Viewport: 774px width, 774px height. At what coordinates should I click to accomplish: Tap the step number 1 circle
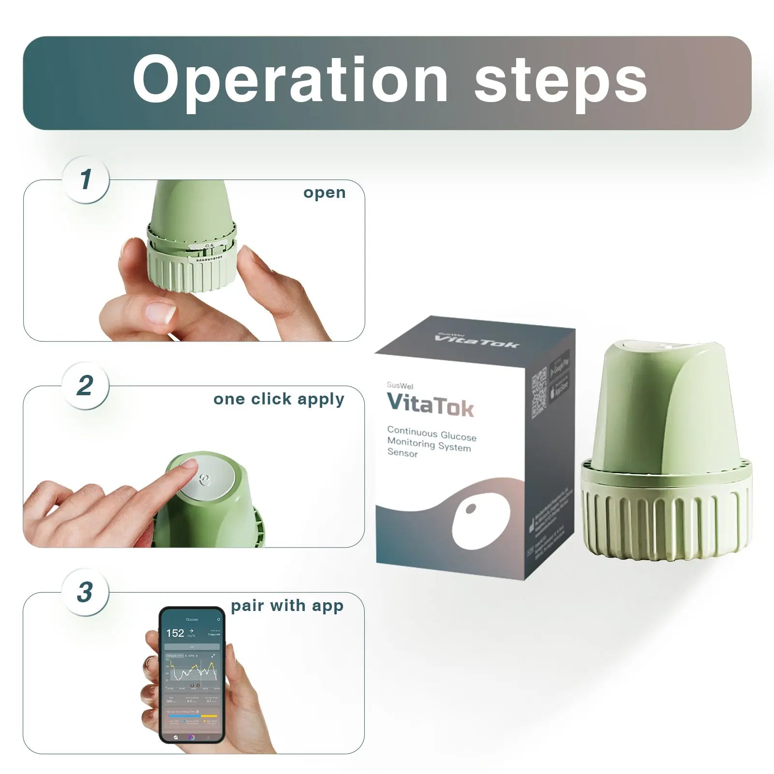[x=86, y=179]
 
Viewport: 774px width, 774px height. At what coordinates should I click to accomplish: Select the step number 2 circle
[x=85, y=386]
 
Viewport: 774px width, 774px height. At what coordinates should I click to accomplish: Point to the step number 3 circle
[x=85, y=592]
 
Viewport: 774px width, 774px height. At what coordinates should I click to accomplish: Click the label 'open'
[x=324, y=193]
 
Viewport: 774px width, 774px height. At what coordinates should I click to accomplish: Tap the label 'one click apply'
[x=279, y=399]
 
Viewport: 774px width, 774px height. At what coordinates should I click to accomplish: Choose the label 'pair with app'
[x=287, y=606]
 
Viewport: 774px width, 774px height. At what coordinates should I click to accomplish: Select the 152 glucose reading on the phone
[x=175, y=633]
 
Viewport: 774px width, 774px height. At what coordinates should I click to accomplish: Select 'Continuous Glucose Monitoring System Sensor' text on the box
[x=431, y=441]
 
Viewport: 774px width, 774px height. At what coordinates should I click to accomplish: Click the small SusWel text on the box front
[x=400, y=386]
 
